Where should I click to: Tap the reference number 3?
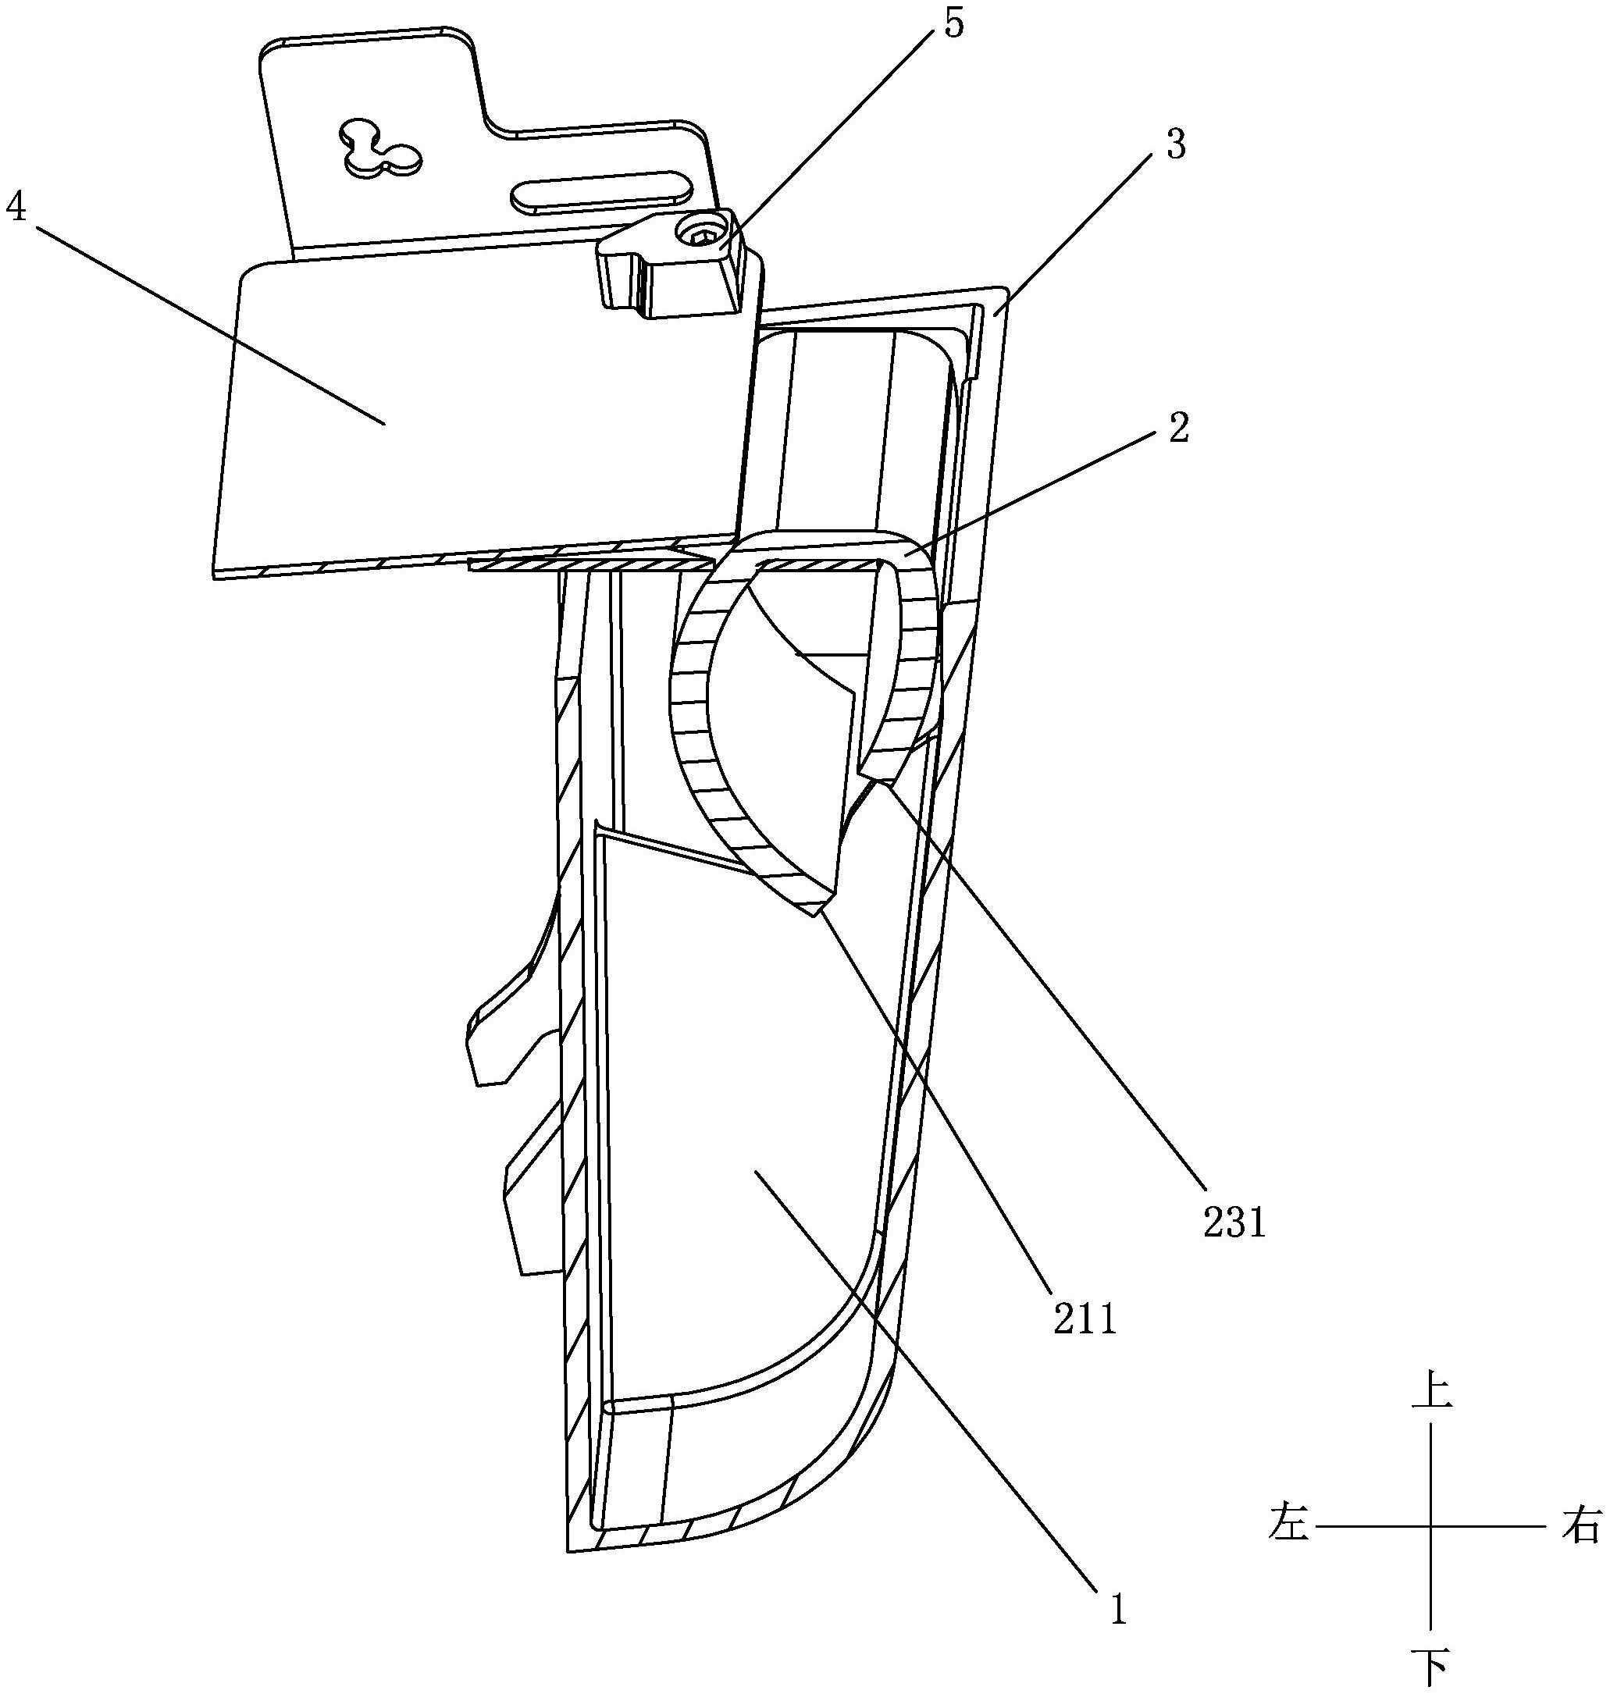pyautogui.click(x=1176, y=146)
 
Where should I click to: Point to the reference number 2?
pyautogui.click(x=1179, y=429)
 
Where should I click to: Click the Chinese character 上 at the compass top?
pyautogui.click(x=1430, y=1392)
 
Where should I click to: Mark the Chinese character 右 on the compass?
pyautogui.click(x=1579, y=1527)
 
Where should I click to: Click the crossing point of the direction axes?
pyautogui.click(x=1430, y=1527)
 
